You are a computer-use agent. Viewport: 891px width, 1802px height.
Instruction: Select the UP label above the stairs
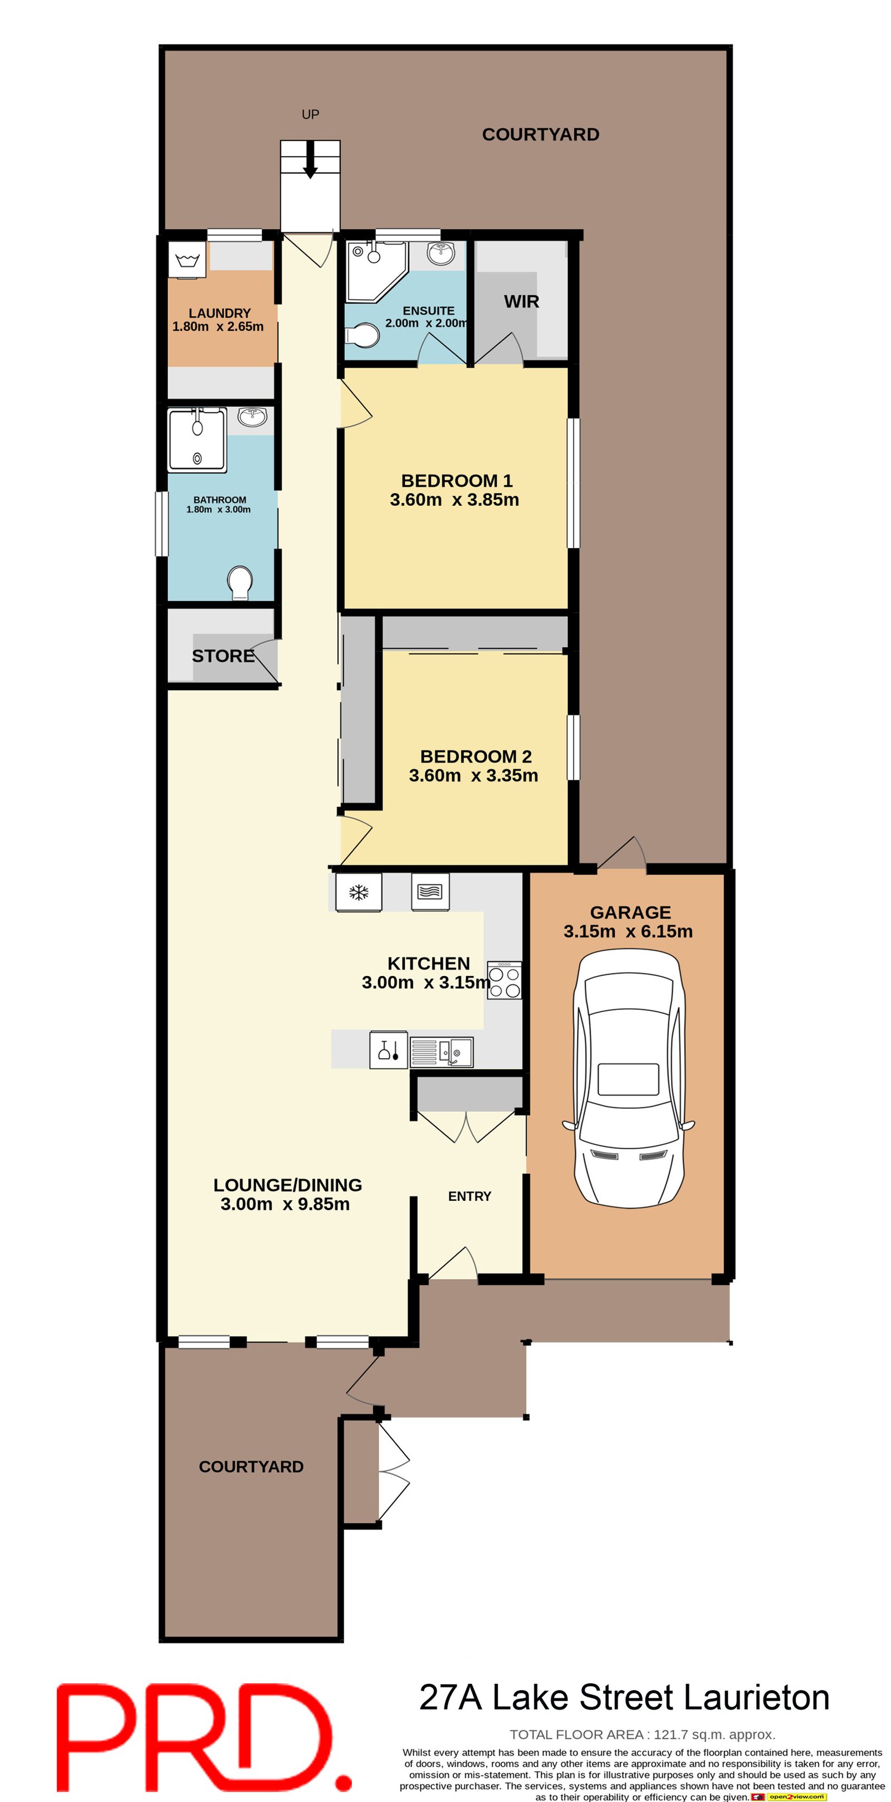[x=310, y=114]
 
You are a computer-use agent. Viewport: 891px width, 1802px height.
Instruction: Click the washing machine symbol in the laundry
[x=187, y=260]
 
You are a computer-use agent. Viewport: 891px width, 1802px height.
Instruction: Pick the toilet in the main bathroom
[x=240, y=582]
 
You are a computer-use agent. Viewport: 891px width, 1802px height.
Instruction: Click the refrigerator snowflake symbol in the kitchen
[x=358, y=892]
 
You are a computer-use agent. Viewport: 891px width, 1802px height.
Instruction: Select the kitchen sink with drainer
[x=440, y=1052]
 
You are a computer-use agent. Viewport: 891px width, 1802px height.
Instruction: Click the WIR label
[x=521, y=301]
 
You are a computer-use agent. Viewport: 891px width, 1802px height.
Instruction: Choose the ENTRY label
[x=469, y=1196]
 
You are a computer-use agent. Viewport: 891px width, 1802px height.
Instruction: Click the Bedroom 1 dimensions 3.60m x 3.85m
[x=454, y=500]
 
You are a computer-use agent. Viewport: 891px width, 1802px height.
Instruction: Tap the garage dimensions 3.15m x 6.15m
[x=628, y=931]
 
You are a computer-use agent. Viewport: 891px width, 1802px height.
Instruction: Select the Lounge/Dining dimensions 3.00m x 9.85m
[x=285, y=1204]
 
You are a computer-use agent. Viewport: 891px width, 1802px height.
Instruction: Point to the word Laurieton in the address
[x=756, y=1698]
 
